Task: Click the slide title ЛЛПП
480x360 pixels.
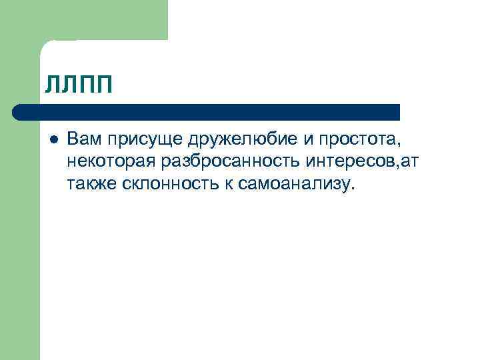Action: point(79,85)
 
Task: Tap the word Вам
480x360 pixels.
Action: point(82,140)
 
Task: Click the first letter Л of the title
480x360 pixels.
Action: point(53,85)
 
